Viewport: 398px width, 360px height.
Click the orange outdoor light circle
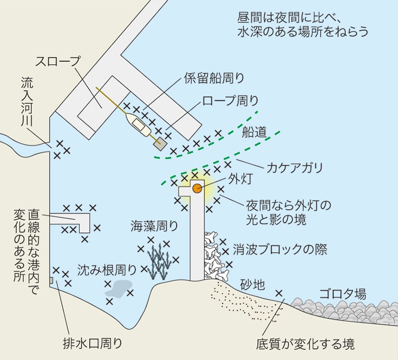197,188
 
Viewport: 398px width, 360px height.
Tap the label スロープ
58,61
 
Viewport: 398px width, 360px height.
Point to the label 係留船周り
214,78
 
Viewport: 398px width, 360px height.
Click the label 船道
254,133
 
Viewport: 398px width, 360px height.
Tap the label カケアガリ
294,168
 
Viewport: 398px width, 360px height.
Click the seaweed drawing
162,261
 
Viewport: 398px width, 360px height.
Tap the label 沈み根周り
107,270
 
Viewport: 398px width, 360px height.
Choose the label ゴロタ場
343,294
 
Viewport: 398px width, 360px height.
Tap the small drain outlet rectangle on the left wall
51,280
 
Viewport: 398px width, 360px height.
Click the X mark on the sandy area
279,293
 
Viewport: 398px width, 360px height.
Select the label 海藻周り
154,226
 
